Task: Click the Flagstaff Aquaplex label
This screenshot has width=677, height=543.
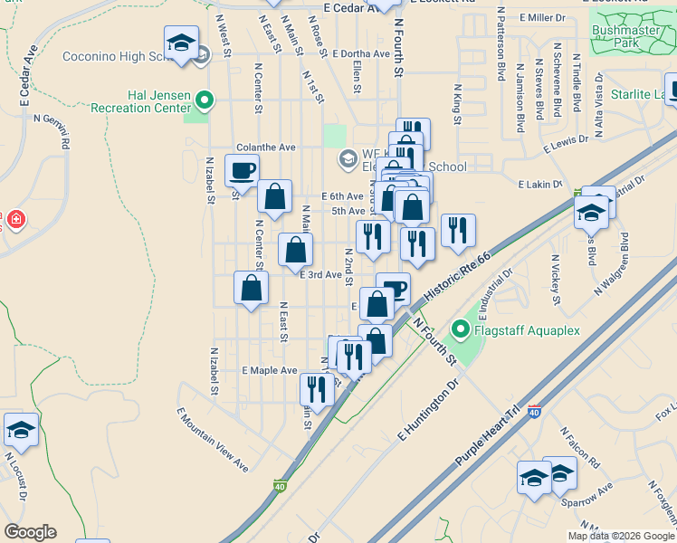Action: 528,330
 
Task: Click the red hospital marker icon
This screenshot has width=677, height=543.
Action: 15,219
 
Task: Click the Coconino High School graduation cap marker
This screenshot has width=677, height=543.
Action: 181,43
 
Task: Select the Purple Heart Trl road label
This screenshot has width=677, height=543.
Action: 490,436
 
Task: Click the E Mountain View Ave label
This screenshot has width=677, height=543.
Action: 213,440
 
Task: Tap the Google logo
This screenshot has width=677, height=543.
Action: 30,532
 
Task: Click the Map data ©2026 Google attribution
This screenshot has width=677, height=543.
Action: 621,536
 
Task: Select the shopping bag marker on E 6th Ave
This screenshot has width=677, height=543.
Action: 274,195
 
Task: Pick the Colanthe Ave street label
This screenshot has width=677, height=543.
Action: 266,147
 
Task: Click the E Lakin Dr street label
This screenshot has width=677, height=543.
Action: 540,185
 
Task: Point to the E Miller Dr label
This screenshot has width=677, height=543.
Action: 543,17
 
